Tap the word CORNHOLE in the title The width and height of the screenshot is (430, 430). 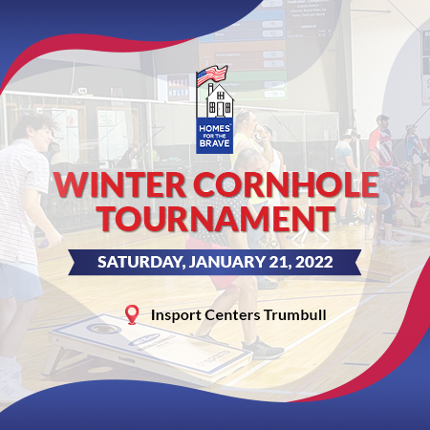click(x=286, y=185)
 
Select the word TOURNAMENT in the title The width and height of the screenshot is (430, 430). click(x=216, y=219)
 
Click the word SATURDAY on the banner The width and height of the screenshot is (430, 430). click(x=141, y=262)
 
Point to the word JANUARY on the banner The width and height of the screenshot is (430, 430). click(x=226, y=262)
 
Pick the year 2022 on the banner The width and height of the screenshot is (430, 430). click(x=313, y=262)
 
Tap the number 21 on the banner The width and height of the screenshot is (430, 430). click(x=279, y=262)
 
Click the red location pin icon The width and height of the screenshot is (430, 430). click(x=132, y=315)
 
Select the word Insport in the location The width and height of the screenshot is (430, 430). click(x=176, y=315)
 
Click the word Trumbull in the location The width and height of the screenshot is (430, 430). click(x=295, y=315)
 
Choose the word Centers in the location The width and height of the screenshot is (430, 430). click(x=232, y=315)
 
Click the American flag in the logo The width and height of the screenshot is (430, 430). click(x=212, y=75)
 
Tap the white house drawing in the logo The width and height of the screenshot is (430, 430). click(x=220, y=100)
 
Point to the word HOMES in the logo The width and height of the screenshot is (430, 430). click(x=214, y=128)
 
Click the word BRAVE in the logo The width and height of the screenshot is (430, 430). click(x=214, y=143)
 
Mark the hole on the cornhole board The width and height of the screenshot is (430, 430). click(x=100, y=328)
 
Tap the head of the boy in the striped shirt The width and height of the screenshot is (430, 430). click(x=36, y=132)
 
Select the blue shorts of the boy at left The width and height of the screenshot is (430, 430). click(x=20, y=281)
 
